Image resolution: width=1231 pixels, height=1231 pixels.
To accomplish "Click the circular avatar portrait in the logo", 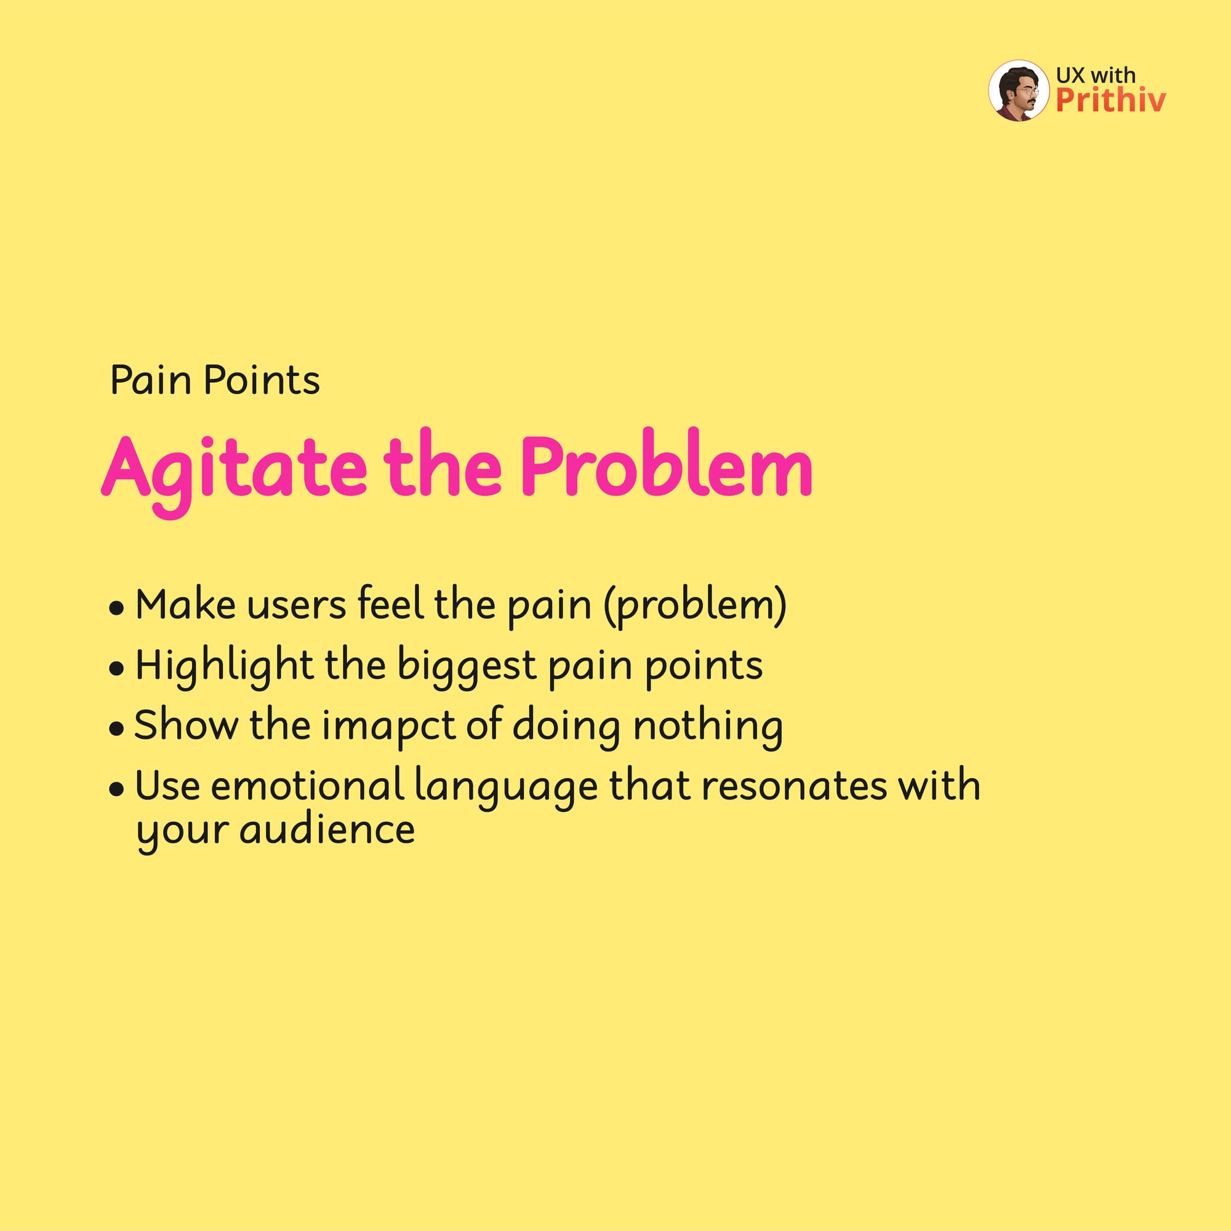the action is pyautogui.click(x=1018, y=91).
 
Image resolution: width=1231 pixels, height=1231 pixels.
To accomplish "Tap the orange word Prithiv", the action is pyautogui.click(x=1110, y=100).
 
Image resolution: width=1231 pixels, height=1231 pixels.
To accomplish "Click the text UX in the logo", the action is pyautogui.click(x=1070, y=74).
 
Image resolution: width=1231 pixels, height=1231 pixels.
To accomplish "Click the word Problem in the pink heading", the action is pyautogui.click(x=667, y=463).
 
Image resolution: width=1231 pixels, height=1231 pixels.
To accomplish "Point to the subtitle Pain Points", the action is pyautogui.click(x=215, y=380).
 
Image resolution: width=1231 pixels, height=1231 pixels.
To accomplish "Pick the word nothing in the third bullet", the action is pyautogui.click(x=708, y=727).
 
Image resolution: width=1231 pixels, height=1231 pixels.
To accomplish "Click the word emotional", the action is pyautogui.click(x=308, y=785).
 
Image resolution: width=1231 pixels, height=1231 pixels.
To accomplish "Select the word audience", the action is pyautogui.click(x=327, y=830).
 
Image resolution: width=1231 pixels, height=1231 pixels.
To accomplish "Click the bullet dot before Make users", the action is pyautogui.click(x=116, y=609).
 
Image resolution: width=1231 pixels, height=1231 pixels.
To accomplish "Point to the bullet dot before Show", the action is pyautogui.click(x=116, y=729).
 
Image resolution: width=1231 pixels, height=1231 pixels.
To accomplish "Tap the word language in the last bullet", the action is pyautogui.click(x=506, y=788).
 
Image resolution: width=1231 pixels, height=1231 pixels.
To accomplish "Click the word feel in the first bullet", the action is pyautogui.click(x=391, y=602).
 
